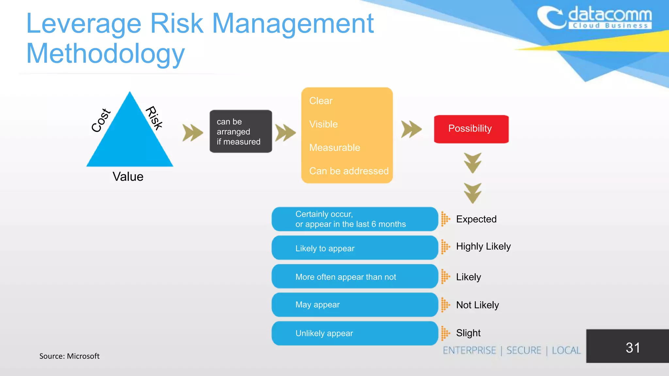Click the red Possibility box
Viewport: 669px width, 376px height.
click(471, 129)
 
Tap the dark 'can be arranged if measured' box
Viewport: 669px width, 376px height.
click(241, 132)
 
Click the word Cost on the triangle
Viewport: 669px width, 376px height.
click(101, 120)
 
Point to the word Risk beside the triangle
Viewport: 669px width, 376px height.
click(154, 118)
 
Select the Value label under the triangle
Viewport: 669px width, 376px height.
click(128, 177)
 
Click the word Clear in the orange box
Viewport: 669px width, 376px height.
click(320, 101)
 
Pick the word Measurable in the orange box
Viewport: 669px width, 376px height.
click(334, 148)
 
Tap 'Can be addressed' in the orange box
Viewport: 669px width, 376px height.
click(349, 171)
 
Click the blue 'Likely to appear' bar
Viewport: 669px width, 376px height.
click(354, 248)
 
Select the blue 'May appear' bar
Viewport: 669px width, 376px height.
click(354, 305)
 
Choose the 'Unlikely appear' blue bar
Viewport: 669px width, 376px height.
click(354, 333)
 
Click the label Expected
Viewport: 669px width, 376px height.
click(476, 219)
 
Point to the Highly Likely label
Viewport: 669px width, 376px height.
click(483, 246)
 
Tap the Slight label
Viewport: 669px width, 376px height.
click(468, 333)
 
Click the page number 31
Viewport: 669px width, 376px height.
click(632, 348)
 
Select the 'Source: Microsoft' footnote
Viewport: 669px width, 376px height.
click(69, 356)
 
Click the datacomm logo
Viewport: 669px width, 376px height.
click(595, 18)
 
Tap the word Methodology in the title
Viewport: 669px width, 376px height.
click(106, 54)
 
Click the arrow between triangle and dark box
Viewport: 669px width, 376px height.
click(192, 133)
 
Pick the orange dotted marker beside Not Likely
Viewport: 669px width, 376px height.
click(445, 305)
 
